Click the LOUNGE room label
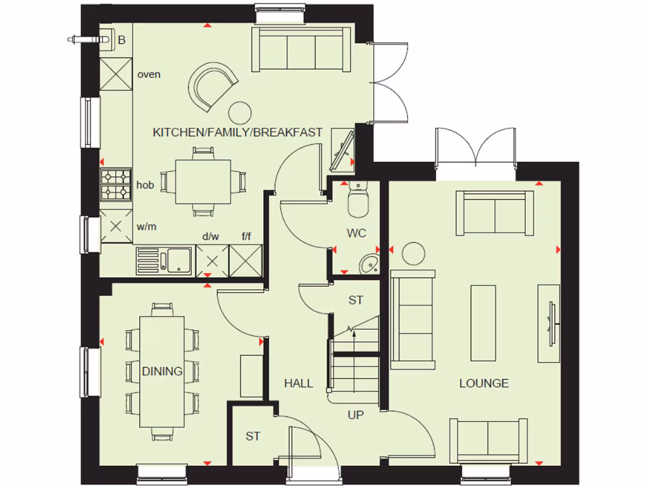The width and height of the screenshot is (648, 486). coord(483,383)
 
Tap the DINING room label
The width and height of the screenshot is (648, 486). coord(162,371)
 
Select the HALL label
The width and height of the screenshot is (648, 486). coord(298,383)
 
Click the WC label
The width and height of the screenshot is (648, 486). coord(356,234)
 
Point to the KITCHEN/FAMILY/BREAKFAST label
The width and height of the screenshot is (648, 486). coord(237,133)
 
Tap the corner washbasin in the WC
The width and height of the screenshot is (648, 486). coord(369,264)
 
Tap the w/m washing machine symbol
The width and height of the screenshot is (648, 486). coord(116,226)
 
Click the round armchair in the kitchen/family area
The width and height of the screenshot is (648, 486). coord(214,85)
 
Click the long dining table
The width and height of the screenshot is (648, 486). coord(162,371)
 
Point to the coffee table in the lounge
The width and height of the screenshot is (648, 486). coord(484,323)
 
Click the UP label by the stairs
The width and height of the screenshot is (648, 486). coord(356,415)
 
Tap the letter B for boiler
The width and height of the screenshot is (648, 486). coord(122,40)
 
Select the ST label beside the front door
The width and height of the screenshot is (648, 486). coord(253,436)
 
